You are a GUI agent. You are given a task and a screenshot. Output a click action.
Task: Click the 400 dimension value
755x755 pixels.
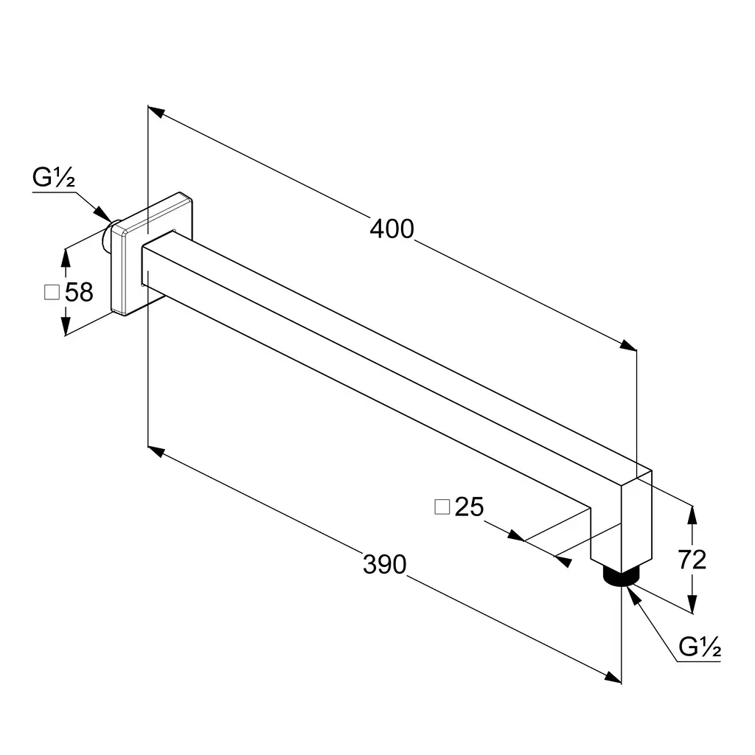[x=392, y=229]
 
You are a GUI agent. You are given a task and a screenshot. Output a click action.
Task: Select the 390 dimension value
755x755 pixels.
[x=384, y=564]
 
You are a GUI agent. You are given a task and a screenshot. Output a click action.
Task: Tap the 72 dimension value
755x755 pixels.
[x=692, y=560]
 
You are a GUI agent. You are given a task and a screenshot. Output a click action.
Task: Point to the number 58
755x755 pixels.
[x=79, y=292]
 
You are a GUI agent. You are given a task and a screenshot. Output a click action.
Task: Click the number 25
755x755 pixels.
[x=469, y=507]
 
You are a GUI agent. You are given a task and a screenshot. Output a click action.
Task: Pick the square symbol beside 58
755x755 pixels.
[x=52, y=292]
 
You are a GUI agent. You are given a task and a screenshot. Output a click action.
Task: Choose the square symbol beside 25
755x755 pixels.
[x=442, y=507]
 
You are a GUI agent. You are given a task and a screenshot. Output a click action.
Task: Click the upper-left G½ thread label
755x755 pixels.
[x=53, y=177]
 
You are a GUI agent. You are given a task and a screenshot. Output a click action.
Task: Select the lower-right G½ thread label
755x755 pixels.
[x=700, y=647]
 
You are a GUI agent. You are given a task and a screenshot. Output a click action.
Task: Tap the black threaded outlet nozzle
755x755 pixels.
[x=621, y=576]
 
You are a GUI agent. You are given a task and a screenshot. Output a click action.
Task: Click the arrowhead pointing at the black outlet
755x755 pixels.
[x=635, y=596]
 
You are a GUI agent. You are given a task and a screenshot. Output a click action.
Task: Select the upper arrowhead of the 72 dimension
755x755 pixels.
[x=692, y=515]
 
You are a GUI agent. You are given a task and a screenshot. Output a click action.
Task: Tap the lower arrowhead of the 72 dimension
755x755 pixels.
[x=692, y=604]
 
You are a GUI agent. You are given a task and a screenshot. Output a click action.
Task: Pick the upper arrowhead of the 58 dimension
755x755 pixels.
[x=66, y=257]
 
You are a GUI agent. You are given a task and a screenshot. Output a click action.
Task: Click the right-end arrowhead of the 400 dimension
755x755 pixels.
[x=628, y=345]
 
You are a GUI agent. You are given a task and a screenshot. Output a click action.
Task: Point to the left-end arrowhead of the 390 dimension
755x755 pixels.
[x=156, y=451]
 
